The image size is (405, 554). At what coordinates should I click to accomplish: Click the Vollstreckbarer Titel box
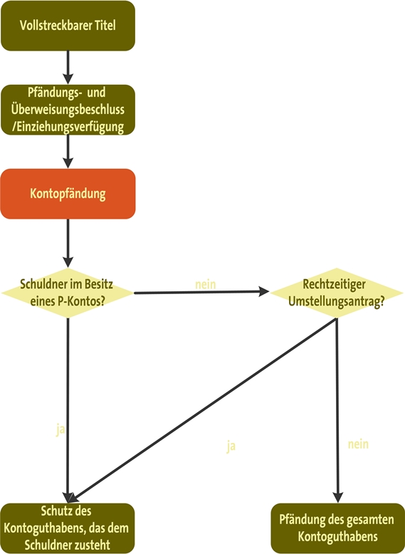pos(68,26)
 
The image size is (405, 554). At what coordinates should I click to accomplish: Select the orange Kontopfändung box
pos(68,194)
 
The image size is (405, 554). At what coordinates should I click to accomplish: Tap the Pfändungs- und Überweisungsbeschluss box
pos(68,110)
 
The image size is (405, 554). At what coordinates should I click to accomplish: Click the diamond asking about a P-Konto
pos(68,293)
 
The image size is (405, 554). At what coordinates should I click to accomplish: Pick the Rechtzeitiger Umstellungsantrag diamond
pos(337,293)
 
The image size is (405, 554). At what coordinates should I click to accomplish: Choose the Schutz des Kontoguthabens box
pos(68,528)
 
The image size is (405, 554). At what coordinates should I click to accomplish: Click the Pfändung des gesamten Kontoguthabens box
pos(337,528)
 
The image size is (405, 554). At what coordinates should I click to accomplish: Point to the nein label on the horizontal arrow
pos(206,284)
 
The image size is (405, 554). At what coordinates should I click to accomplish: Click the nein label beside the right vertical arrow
pos(358,444)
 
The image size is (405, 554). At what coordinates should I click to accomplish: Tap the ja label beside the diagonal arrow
pos(231,446)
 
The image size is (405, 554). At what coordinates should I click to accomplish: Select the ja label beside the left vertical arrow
pos(61,429)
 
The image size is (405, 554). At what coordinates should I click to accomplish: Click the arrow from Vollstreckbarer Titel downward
pos(68,67)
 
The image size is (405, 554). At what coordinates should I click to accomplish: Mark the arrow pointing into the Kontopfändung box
pos(68,152)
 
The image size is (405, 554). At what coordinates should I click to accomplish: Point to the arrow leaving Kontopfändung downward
pos(68,243)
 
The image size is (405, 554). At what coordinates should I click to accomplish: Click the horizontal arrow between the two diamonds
pos(201,292)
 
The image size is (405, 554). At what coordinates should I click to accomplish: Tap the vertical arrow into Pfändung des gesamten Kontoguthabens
pos(337,410)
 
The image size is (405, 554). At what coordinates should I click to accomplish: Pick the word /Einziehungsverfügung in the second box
pos(68,127)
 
